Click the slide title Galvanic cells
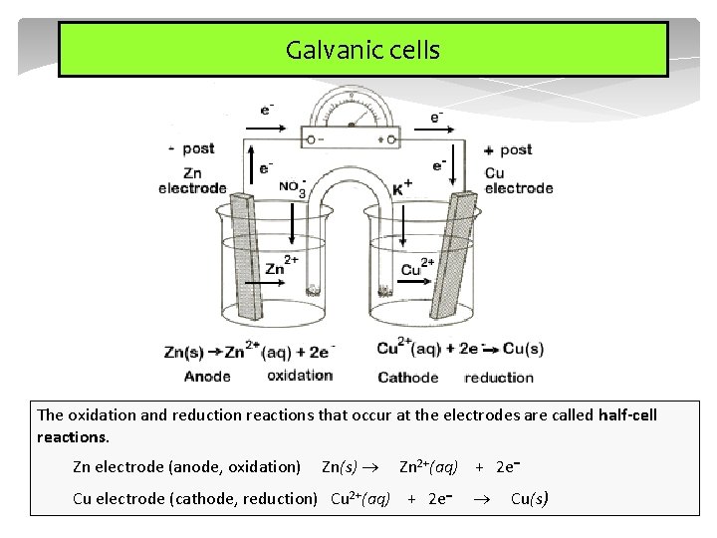362,50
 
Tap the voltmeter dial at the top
351,116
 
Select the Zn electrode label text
192,180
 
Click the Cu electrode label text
518,180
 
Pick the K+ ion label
402,186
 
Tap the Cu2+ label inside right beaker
417,268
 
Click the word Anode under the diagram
207,376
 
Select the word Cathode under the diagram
407,377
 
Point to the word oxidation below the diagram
300,376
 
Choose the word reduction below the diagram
499,377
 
